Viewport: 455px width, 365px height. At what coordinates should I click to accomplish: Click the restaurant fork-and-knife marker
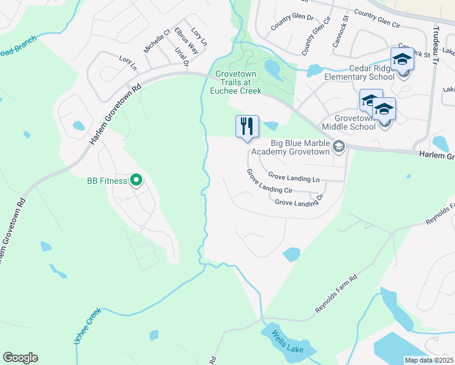(247, 127)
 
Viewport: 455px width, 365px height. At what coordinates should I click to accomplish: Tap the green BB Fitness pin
(136, 180)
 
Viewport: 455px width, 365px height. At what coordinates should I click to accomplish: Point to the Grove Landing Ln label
(294, 177)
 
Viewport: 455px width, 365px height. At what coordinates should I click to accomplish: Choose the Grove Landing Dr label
(298, 201)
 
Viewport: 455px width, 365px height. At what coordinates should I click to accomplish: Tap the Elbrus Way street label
(186, 40)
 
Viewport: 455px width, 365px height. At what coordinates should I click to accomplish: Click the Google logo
(20, 358)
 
